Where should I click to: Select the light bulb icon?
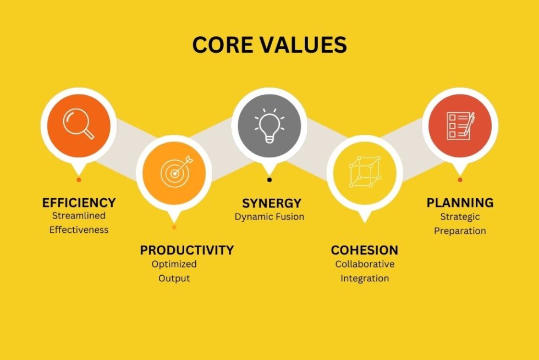[x=269, y=126]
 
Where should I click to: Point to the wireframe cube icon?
[x=365, y=171]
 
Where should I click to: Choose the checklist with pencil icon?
[x=460, y=126]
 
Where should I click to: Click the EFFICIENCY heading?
[x=79, y=203]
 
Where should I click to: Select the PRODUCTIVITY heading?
[x=186, y=250]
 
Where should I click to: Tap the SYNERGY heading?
[x=272, y=204]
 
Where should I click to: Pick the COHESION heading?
[x=364, y=250]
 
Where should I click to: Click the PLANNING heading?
[x=460, y=203]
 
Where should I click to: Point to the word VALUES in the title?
[x=303, y=45]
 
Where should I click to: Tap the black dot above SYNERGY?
[x=269, y=179]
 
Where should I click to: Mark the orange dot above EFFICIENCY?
[x=79, y=179]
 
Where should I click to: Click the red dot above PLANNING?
[x=460, y=179]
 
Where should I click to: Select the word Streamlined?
[x=79, y=216]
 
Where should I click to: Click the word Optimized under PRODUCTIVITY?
[x=174, y=264]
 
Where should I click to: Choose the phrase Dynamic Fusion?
[x=269, y=217]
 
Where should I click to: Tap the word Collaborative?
[x=365, y=264]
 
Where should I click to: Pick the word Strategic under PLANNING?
[x=460, y=217]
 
